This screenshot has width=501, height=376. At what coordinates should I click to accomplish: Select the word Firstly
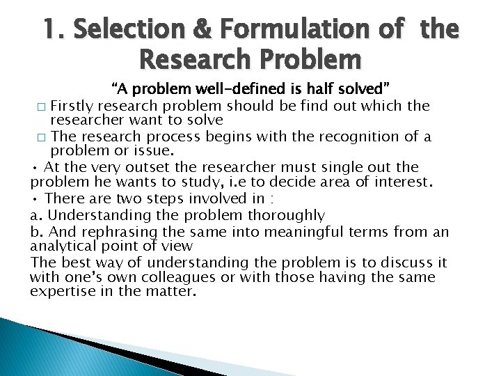pyautogui.click(x=74, y=106)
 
